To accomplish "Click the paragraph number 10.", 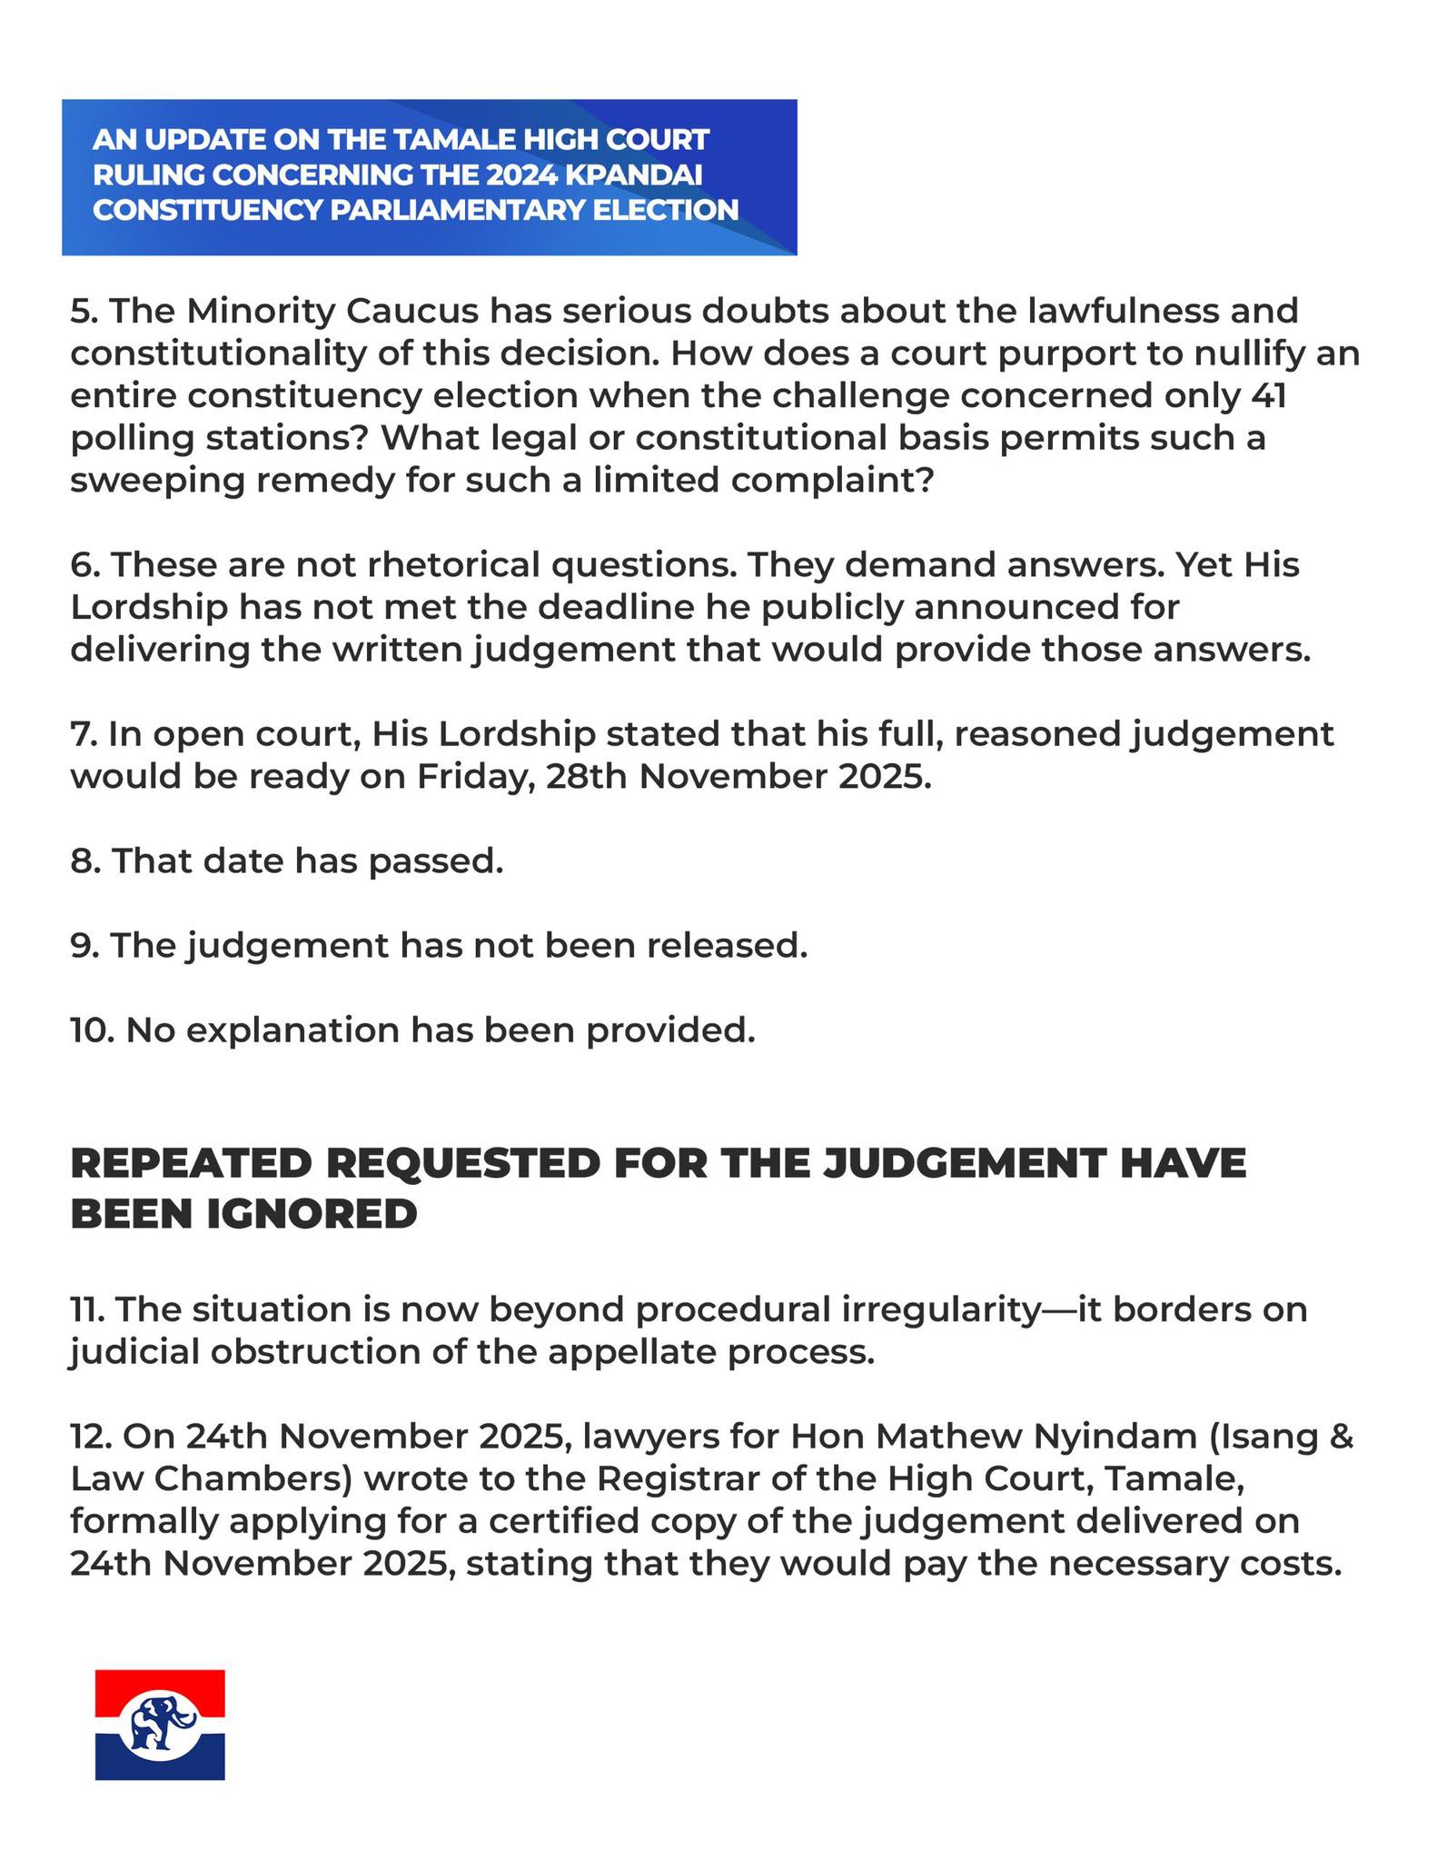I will pyautogui.click(x=92, y=1030).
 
